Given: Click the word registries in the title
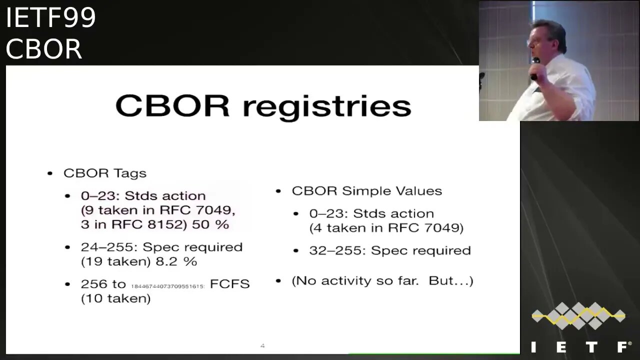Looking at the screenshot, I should tap(327, 107).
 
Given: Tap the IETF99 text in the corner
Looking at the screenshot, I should tap(50, 18).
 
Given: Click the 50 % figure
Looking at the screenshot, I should tap(210, 224).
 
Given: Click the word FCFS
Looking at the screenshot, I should tap(229, 284).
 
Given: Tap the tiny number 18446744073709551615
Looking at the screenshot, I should tap(167, 286).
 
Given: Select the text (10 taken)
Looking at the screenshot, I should tap(115, 298).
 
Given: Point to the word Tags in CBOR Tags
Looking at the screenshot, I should tap(129, 173).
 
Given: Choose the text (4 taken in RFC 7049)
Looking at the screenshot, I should tap(386, 228).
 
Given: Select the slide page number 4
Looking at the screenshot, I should tap(262, 345).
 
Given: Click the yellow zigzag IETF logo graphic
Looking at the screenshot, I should tap(578, 315).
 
